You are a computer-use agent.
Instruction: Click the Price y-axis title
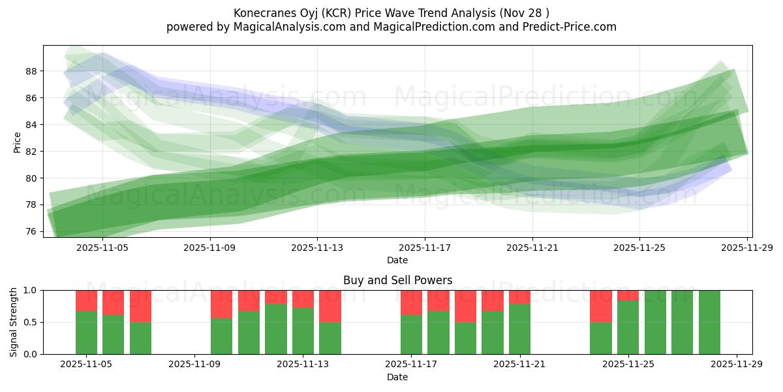coord(17,142)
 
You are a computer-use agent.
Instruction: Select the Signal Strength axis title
coord(14,322)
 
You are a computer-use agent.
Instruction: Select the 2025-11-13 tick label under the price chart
coord(317,248)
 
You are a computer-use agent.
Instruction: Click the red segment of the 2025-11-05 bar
coord(86,301)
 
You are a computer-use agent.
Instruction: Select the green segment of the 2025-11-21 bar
coord(519,329)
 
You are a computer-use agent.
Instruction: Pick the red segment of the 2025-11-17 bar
coord(411,302)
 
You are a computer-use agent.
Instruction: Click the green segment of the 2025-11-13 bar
coord(303,331)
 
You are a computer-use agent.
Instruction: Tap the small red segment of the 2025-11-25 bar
coord(628,295)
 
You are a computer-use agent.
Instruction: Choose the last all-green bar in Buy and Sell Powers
coord(709,322)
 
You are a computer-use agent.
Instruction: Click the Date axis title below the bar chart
coord(397,377)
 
